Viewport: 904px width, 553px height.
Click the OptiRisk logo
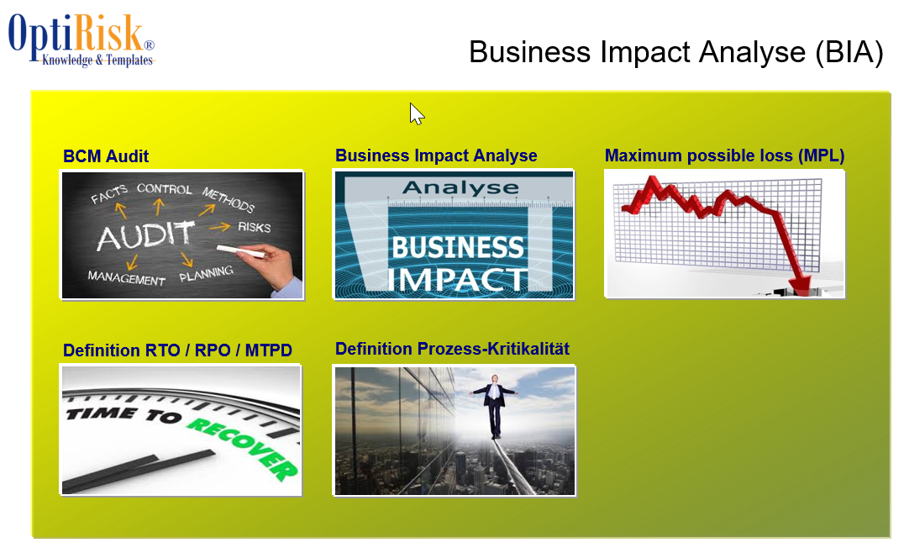click(x=81, y=39)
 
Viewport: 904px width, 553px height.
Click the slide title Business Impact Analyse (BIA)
click(x=675, y=52)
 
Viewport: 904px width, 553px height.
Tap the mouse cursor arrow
click(x=416, y=113)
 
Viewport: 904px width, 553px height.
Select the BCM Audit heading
click(x=106, y=156)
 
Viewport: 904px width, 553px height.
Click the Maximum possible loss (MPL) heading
click(x=724, y=155)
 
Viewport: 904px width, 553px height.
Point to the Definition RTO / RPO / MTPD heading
click(x=177, y=350)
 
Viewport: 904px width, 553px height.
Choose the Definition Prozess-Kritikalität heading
click(x=452, y=349)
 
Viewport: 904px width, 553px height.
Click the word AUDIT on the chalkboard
click(x=145, y=235)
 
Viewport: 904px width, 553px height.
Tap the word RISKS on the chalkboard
click(x=255, y=227)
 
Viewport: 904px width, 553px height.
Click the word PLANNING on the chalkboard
click(x=206, y=273)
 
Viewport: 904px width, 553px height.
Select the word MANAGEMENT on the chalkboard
click(x=126, y=278)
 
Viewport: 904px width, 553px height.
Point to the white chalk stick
click(x=239, y=250)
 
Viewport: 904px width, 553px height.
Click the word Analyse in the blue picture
click(x=460, y=187)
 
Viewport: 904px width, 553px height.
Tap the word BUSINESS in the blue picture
click(x=458, y=247)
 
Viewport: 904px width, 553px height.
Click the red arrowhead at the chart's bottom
click(x=800, y=284)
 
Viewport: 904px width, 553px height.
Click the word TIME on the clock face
click(x=102, y=413)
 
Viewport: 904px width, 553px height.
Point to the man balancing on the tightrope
click(x=494, y=405)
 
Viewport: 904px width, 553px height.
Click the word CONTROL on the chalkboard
click(x=165, y=189)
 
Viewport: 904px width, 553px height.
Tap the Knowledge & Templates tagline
click(x=97, y=60)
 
